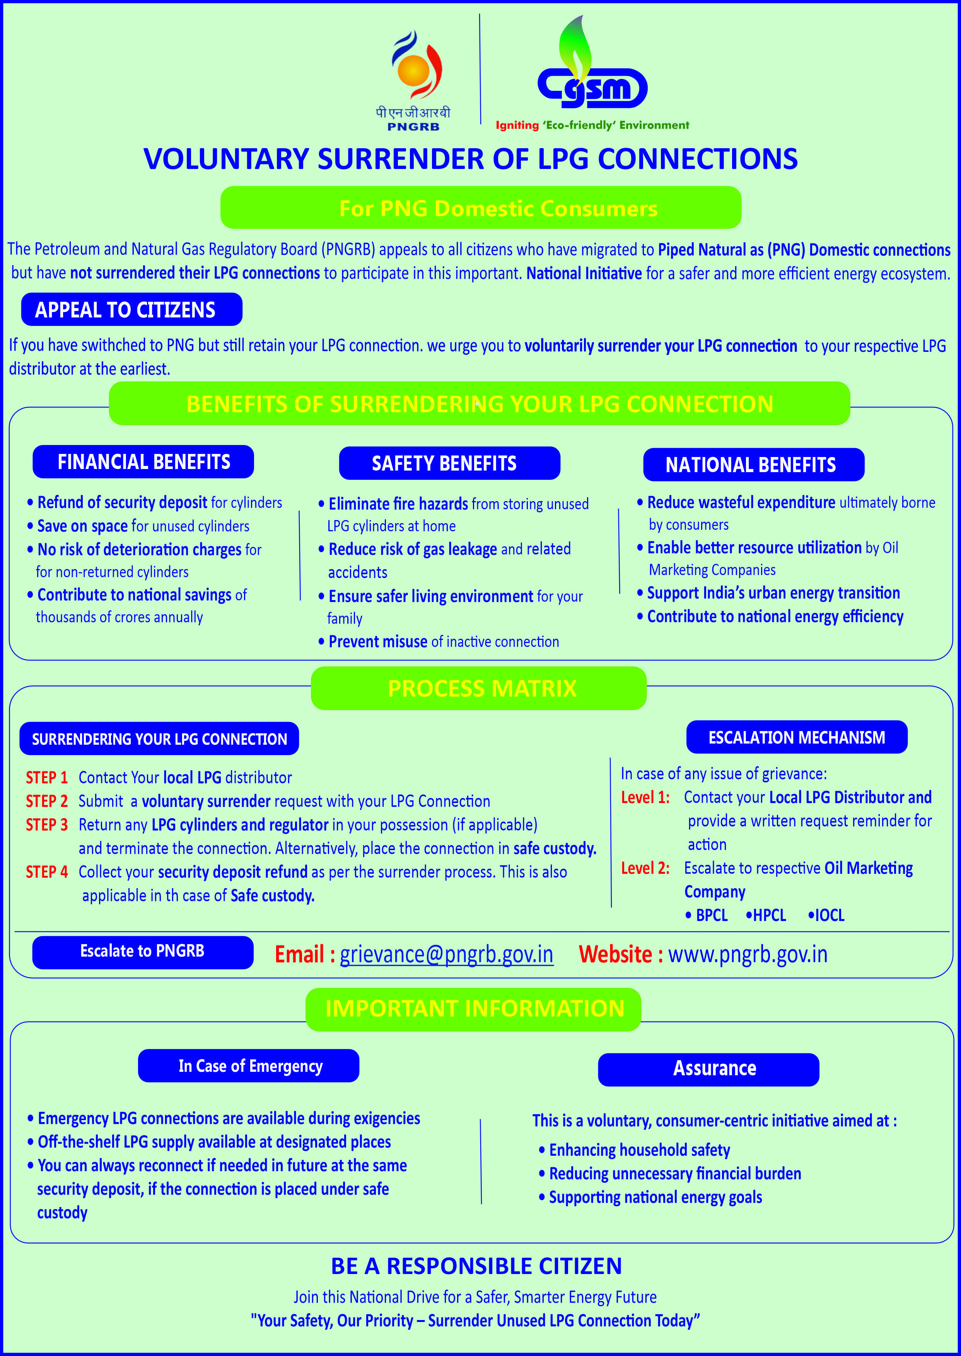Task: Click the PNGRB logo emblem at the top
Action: [x=416, y=66]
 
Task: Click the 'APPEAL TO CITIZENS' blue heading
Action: [x=131, y=309]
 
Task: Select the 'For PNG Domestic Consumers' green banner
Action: [x=480, y=208]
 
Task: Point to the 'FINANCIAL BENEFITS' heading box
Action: [x=143, y=461]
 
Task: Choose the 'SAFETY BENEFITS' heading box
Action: [x=449, y=463]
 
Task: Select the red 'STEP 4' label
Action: [x=47, y=872]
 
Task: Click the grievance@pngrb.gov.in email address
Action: [x=446, y=954]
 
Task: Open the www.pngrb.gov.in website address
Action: [x=748, y=954]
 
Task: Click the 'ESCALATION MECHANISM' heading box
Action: [x=797, y=737]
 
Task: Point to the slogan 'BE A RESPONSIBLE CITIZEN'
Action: [x=476, y=1266]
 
